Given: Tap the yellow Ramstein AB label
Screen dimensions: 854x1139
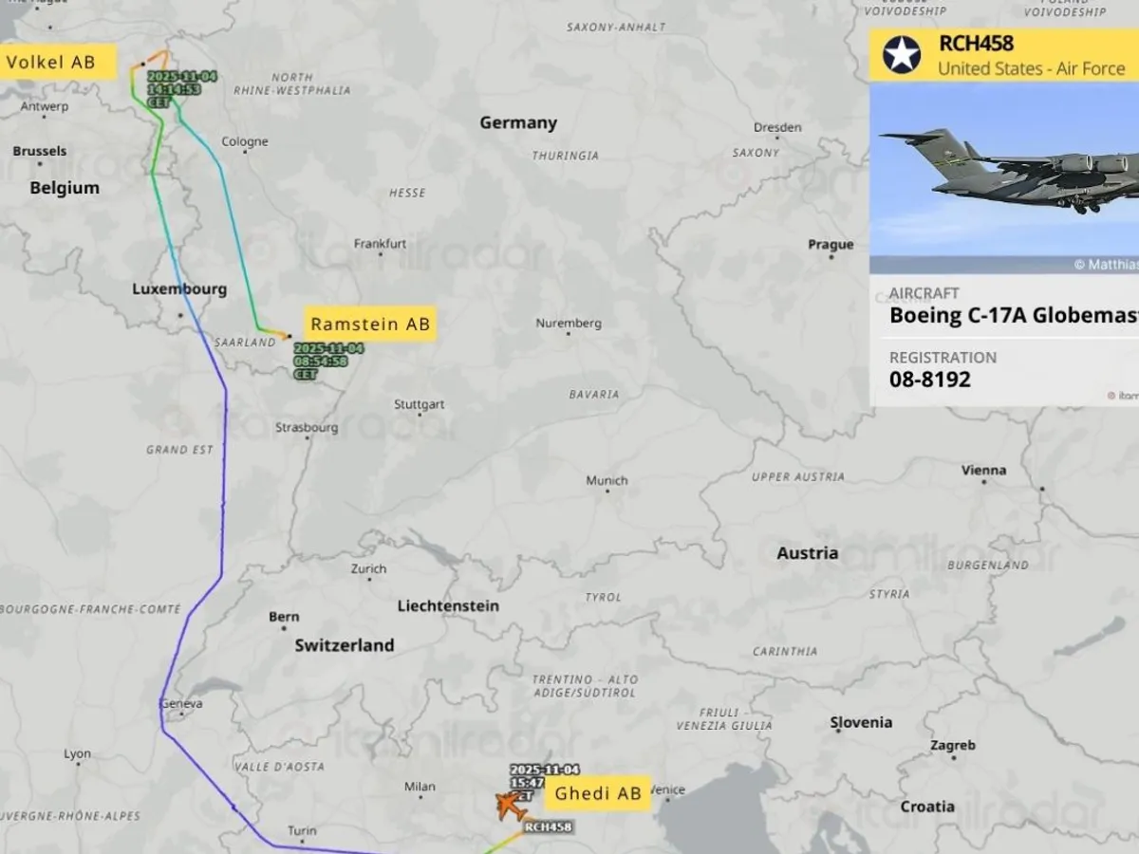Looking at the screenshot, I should [370, 325].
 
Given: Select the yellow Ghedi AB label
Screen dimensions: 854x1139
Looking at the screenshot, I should [598, 793].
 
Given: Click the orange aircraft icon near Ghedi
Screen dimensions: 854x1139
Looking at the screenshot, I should [512, 808].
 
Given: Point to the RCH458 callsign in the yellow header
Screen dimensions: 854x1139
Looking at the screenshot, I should [976, 43].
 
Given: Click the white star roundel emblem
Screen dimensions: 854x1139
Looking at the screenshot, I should [902, 55].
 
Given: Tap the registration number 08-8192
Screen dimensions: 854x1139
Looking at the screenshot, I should [930, 380].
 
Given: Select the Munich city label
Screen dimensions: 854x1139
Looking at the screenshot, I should [607, 481].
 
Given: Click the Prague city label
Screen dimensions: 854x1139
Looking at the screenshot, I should [831, 245].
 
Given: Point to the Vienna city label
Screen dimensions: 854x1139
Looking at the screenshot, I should [983, 470].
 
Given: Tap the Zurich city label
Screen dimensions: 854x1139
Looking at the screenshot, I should [368, 568].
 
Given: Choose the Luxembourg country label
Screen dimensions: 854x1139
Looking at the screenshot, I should [179, 289].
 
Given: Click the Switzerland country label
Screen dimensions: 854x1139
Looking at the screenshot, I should [344, 645].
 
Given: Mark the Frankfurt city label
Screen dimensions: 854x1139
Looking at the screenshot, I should [380, 244].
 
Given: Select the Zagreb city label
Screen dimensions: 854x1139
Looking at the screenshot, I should [952, 746].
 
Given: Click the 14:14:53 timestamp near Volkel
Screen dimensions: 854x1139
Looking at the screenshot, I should [174, 88].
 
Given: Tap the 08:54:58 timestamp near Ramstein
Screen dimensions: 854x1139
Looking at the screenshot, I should [320, 362].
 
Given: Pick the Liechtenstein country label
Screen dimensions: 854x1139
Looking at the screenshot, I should [448, 605].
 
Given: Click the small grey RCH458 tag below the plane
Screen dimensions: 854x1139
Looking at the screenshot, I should [548, 827].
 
